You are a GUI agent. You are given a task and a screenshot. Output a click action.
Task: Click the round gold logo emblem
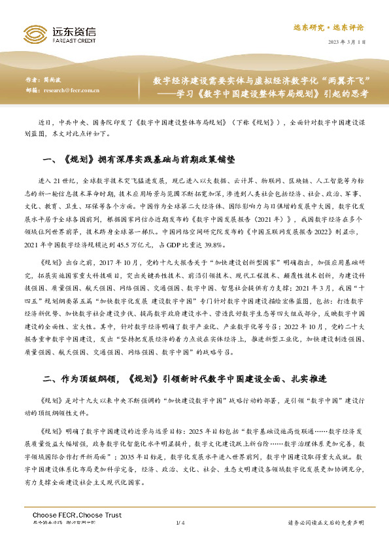33,35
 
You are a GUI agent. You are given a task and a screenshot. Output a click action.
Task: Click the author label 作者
39,80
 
